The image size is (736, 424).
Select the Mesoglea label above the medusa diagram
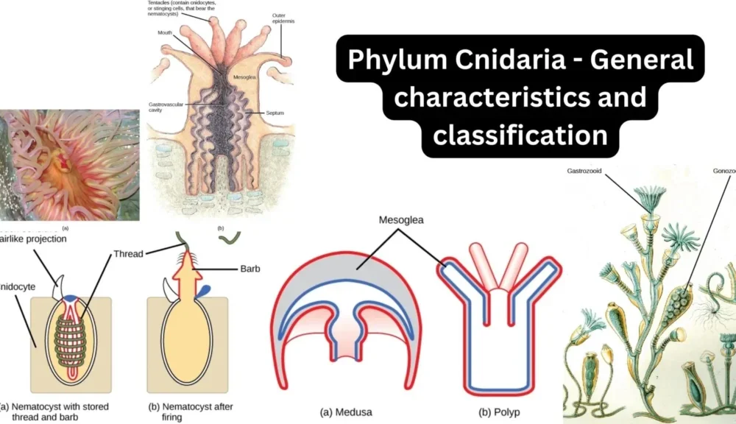click(x=403, y=219)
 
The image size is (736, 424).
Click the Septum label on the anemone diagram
click(x=275, y=113)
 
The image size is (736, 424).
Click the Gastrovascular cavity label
click(x=163, y=108)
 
